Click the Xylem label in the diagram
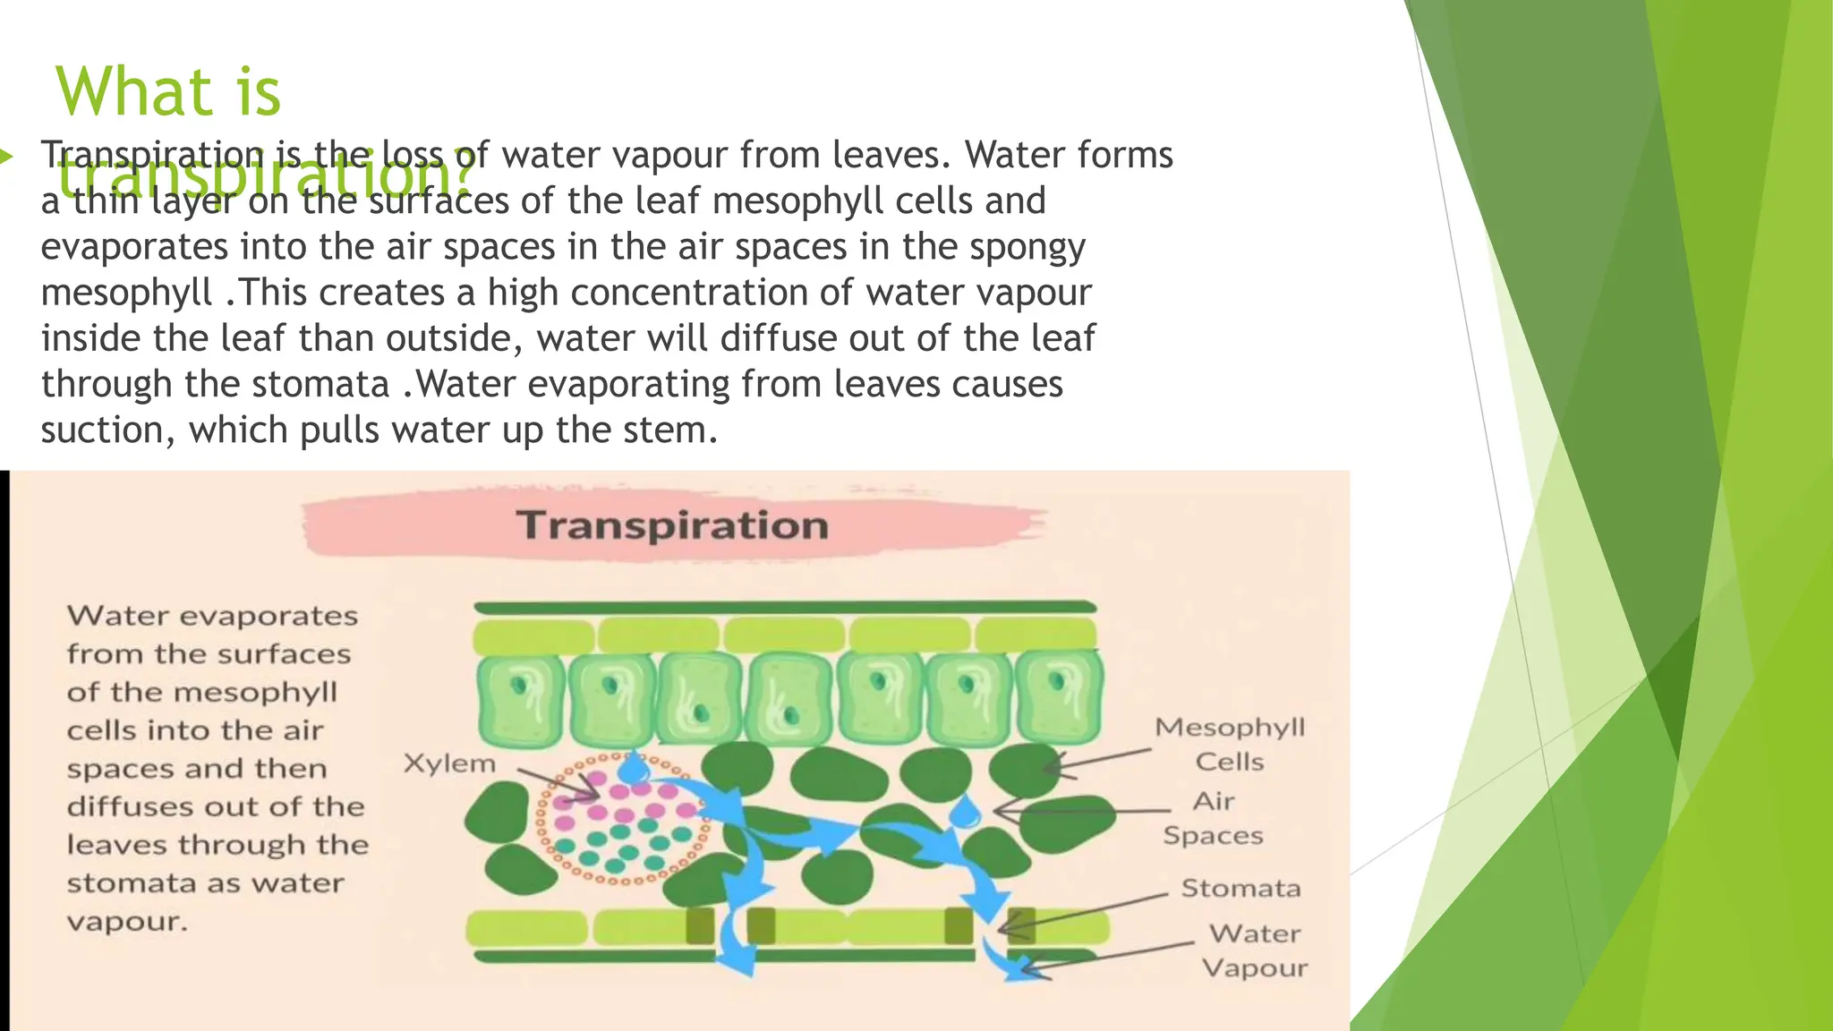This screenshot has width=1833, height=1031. coord(448,763)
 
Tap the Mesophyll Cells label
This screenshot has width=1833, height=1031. coord(1230,744)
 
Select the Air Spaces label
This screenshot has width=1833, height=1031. coord(1213,818)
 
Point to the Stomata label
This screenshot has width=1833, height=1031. coord(1240,889)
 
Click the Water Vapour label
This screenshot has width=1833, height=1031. coord(1254,950)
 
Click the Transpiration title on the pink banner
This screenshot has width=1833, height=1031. coord(672,525)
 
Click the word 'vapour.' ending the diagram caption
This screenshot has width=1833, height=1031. coord(127,922)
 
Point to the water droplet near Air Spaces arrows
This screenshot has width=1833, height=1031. coord(964,812)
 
